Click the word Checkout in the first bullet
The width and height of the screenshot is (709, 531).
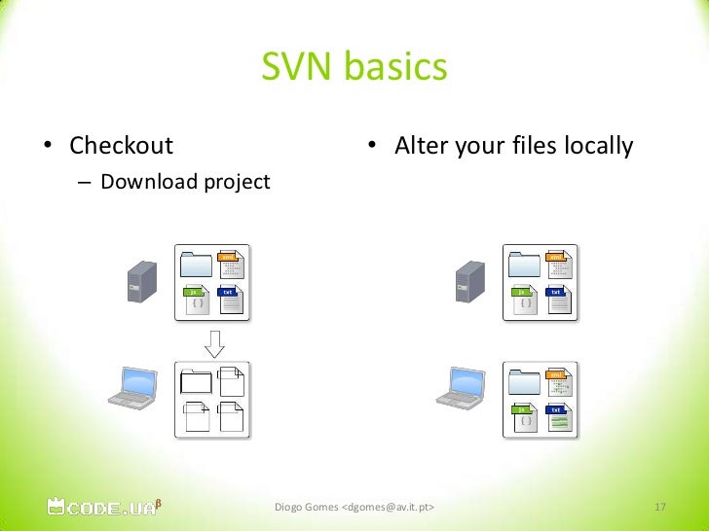[121, 147]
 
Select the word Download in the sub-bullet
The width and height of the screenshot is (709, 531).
[145, 182]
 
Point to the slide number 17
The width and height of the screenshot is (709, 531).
[659, 508]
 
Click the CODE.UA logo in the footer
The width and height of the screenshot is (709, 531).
[99, 506]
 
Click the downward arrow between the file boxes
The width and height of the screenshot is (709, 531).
[214, 340]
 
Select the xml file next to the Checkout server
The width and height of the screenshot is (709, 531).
[231, 264]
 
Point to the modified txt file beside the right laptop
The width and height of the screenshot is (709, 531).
[558, 418]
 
